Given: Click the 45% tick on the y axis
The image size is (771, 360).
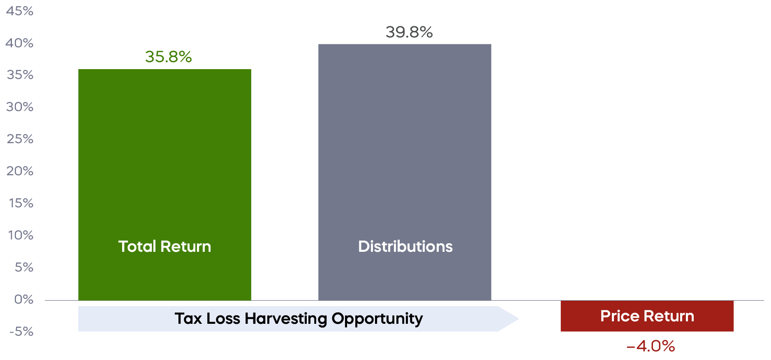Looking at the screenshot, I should click(x=20, y=11).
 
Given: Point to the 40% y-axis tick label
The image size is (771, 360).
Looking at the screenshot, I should click(x=19, y=43).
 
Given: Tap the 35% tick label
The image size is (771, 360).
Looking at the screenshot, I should click(x=20, y=75).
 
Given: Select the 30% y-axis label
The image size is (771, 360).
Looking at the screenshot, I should click(x=20, y=107).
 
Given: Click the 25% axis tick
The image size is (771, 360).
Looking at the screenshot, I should click(x=20, y=139).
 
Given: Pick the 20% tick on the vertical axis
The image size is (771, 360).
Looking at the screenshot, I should click(x=20, y=171).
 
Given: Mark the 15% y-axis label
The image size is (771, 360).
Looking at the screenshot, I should click(x=21, y=203).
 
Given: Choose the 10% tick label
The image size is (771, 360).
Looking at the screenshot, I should click(x=21, y=235).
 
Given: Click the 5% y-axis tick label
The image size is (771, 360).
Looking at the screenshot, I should click(x=24, y=267).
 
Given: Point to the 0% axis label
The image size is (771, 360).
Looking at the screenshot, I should click(x=23, y=300).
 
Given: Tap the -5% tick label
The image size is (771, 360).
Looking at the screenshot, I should click(x=21, y=332).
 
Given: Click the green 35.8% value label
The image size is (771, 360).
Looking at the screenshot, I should click(x=168, y=57).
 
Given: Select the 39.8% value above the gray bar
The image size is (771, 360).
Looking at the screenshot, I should click(x=409, y=33).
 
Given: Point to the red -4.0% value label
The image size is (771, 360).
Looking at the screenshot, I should click(x=651, y=346).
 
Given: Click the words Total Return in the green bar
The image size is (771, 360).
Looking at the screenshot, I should click(x=164, y=246).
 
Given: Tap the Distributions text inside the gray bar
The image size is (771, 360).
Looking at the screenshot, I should click(x=405, y=246).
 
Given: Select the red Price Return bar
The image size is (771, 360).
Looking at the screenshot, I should click(x=647, y=316).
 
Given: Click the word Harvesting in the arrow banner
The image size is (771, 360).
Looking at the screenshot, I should click(x=286, y=319).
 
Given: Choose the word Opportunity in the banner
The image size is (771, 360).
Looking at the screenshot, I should click(x=377, y=319).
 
